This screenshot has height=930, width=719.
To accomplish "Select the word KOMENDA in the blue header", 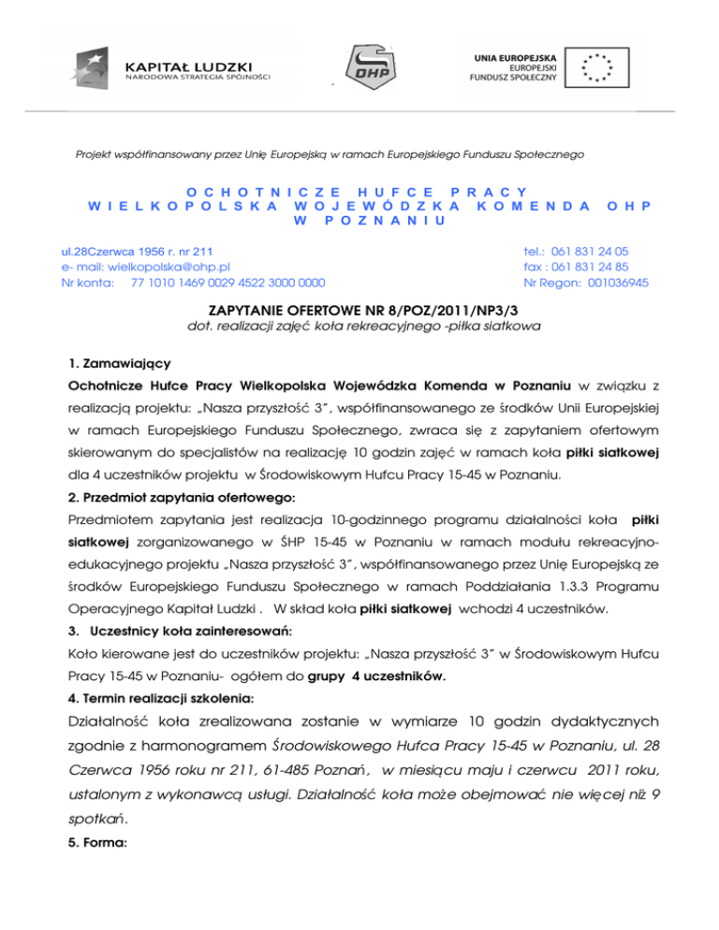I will pos(534,204).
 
